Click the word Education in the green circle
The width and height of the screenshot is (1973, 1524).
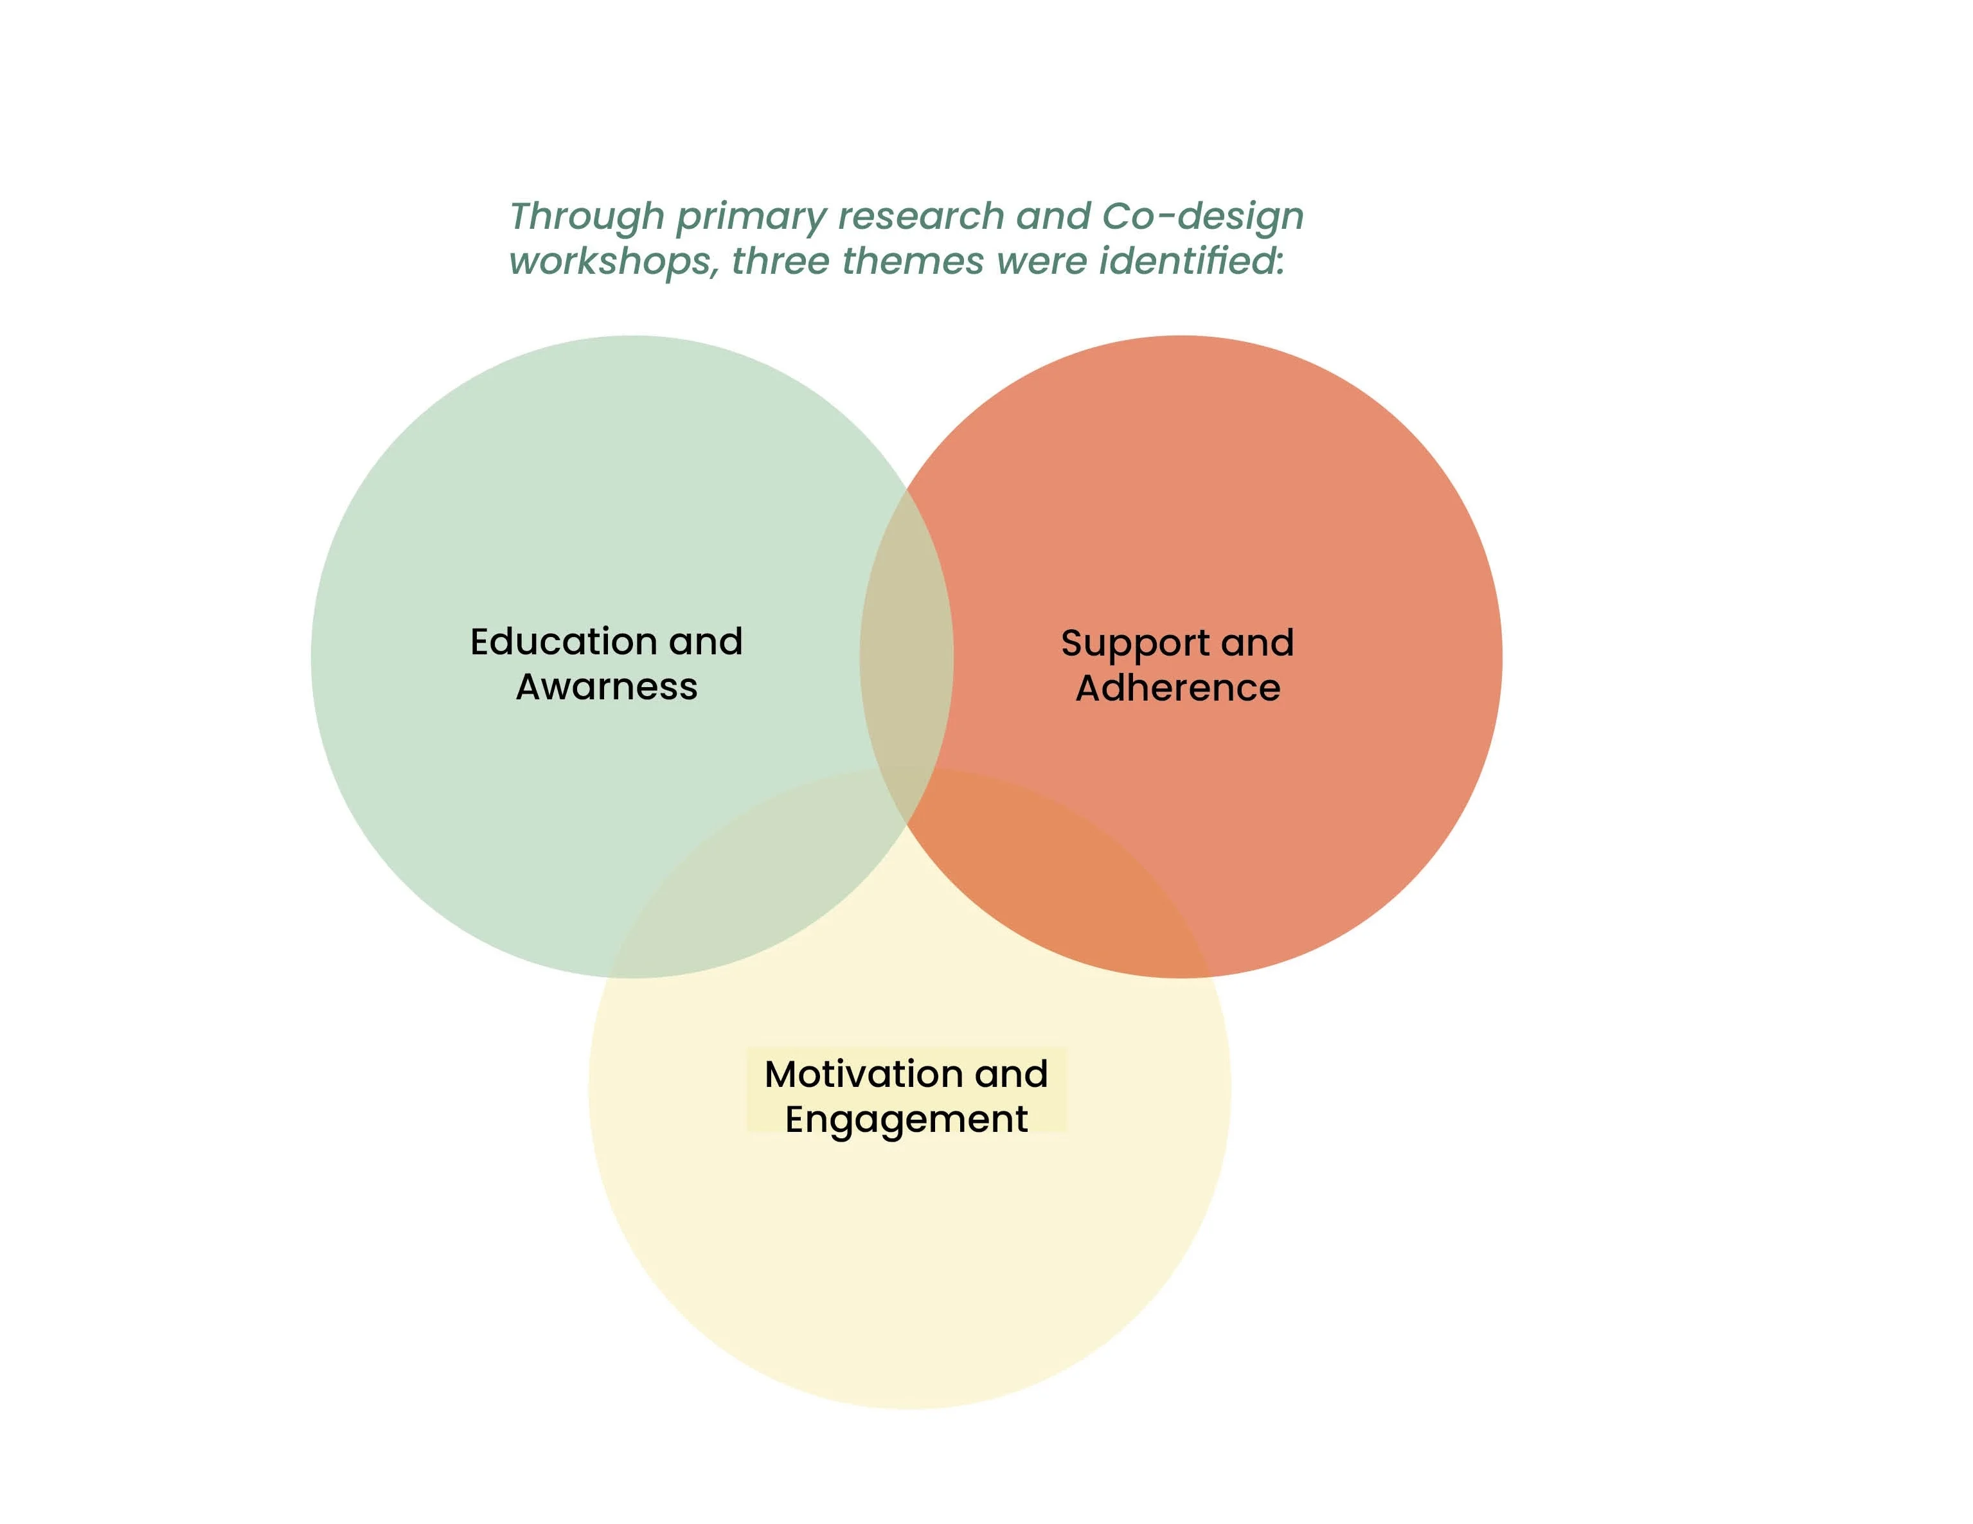point(563,641)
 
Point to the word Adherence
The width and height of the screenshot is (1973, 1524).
point(1177,688)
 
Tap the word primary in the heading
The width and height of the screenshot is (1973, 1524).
point(750,218)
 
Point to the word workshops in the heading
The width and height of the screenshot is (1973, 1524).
point(612,262)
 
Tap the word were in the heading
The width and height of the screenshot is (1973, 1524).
point(1040,262)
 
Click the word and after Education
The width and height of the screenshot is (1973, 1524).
point(706,641)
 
